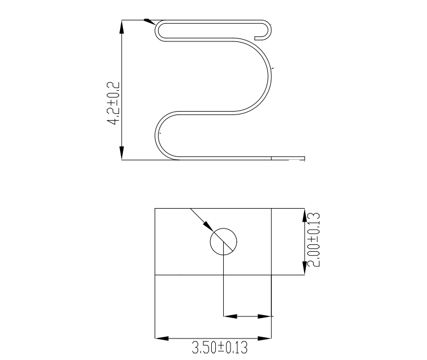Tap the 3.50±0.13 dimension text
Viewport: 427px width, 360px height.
[220, 347]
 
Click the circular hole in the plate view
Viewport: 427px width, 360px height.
[224, 242]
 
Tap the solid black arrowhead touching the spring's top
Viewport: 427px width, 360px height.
[150, 22]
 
